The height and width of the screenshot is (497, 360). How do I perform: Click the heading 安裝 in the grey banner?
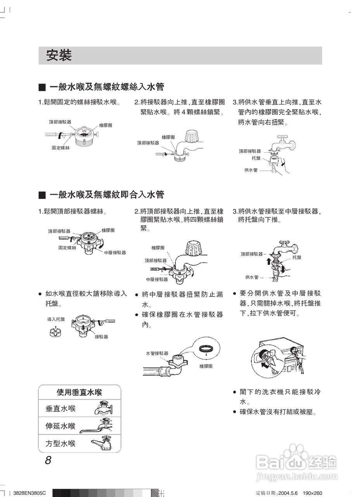[59, 56]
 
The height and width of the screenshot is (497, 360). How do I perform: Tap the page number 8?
[48, 461]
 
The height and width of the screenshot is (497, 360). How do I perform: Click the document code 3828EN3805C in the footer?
[29, 493]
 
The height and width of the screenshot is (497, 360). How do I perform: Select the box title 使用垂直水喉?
[79, 392]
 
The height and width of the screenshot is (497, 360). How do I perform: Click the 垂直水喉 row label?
[61, 409]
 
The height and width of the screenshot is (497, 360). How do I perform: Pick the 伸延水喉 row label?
[61, 426]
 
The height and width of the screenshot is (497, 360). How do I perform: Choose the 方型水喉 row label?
[61, 443]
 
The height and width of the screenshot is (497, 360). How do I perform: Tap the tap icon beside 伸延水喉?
[97, 426]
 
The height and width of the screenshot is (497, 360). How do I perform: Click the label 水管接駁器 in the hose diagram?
[157, 353]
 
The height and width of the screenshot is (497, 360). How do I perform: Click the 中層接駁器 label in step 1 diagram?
[115, 252]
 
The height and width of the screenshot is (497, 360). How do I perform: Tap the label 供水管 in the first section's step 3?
[251, 170]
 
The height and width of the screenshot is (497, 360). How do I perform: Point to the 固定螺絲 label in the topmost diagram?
[61, 148]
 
